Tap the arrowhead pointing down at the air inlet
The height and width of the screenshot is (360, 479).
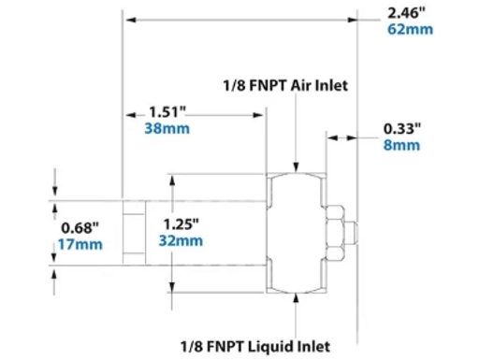[x=297, y=166]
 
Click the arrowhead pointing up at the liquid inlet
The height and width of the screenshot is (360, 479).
[x=297, y=296]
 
